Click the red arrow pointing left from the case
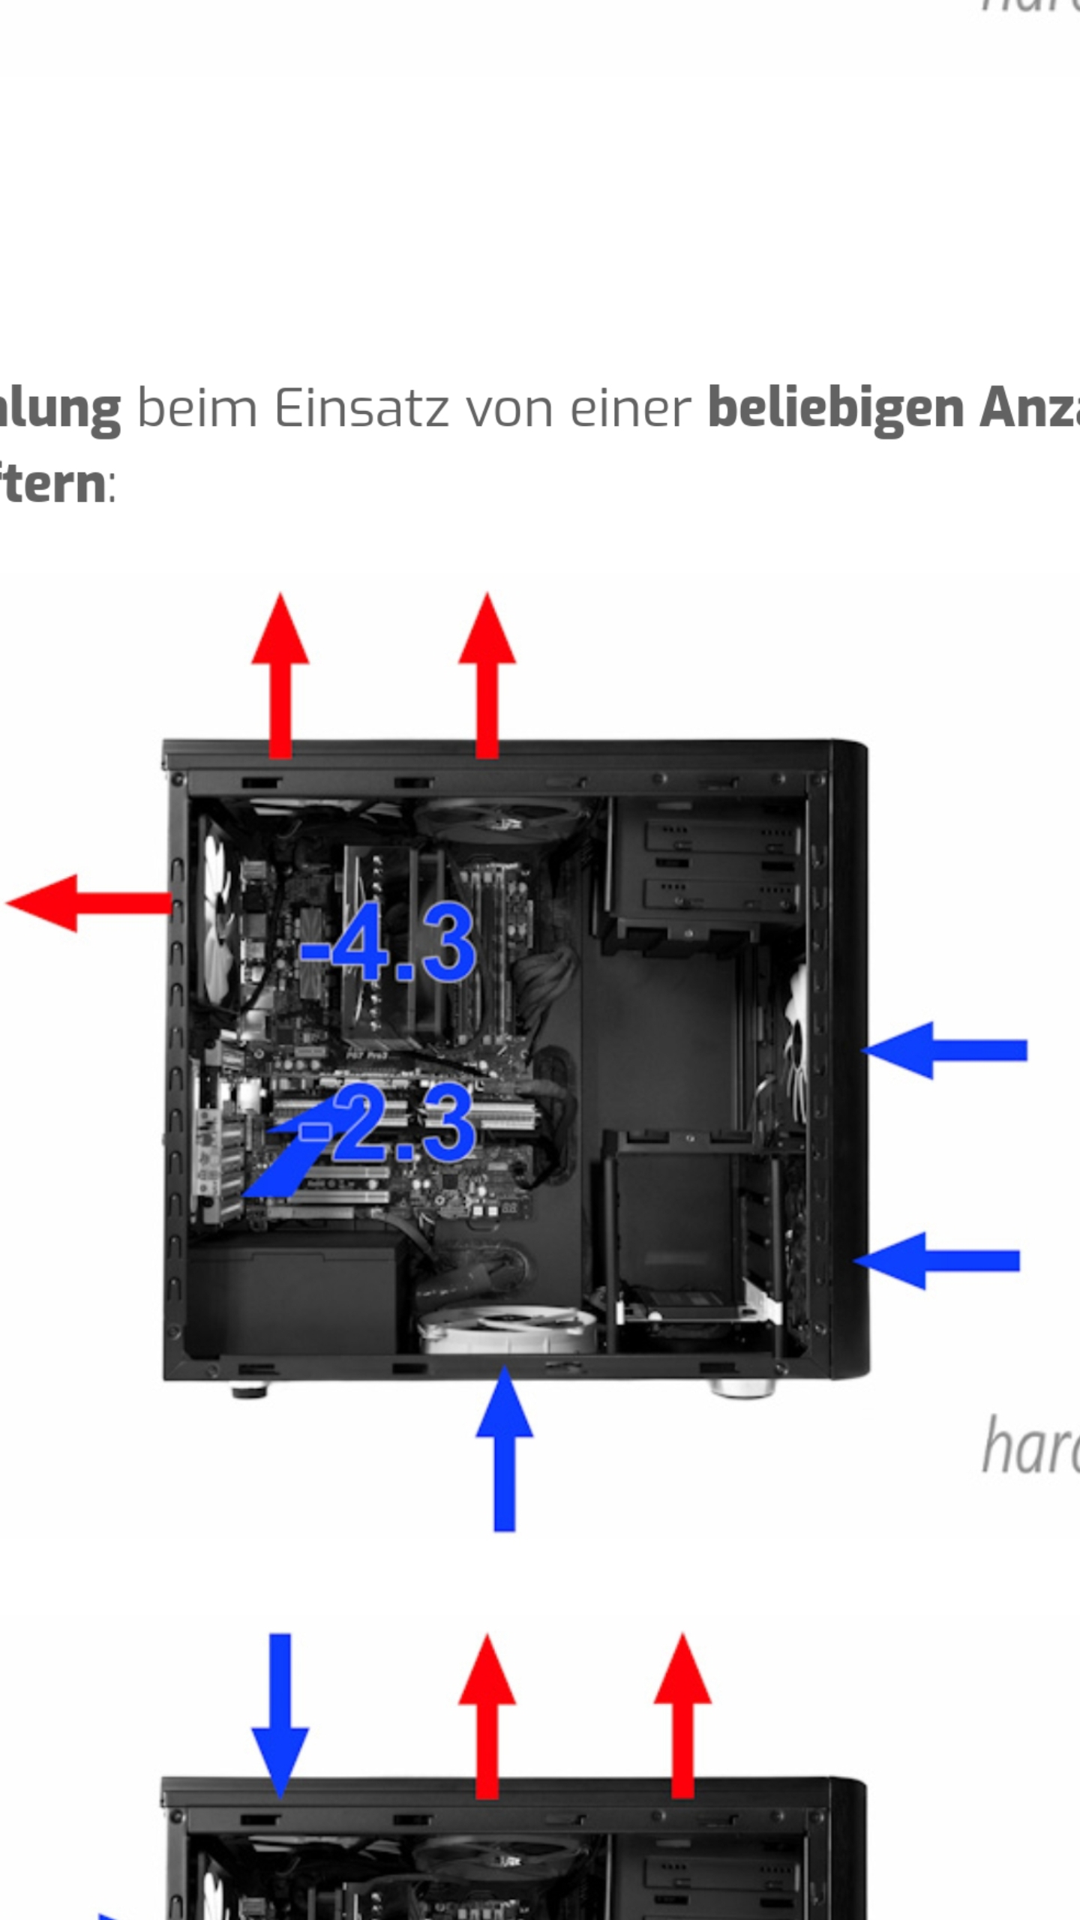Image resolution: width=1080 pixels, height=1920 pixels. pos(86,903)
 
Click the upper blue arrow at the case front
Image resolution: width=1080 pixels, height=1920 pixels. pos(945,1050)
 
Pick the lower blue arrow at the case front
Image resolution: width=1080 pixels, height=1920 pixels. pos(937,1261)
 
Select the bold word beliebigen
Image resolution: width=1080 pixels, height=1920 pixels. pos(835,409)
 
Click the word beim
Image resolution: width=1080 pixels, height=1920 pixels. pos(196,409)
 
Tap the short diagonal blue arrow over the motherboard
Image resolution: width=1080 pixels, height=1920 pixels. pos(289,1155)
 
